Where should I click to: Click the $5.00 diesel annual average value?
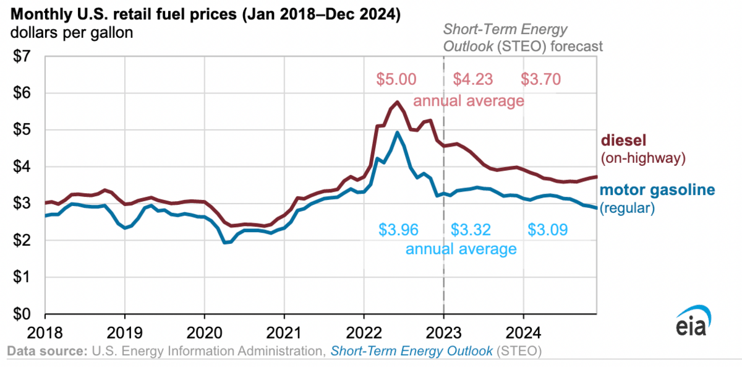[396, 79]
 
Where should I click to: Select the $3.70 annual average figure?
[540, 79]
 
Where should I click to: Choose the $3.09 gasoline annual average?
[548, 230]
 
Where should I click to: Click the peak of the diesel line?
[397, 102]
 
